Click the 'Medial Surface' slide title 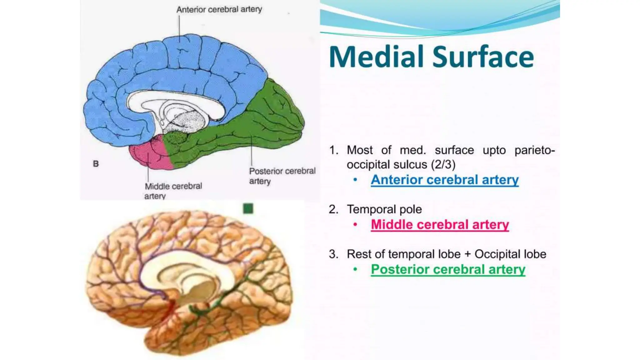431,57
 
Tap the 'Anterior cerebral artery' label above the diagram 219,10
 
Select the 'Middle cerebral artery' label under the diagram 173,191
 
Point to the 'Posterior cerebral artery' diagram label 282,176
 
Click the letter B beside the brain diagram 96,163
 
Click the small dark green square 248,208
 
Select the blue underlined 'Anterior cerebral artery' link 444,180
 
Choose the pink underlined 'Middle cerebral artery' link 440,224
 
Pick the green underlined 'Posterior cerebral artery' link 448,269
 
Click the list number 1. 333,150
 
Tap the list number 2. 333,209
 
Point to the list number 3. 333,254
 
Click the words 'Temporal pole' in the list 384,209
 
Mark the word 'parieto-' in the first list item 535,150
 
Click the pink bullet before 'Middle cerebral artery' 355,224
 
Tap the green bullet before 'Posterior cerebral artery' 355,269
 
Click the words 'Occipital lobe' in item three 510,254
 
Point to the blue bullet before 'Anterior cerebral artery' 355,180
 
